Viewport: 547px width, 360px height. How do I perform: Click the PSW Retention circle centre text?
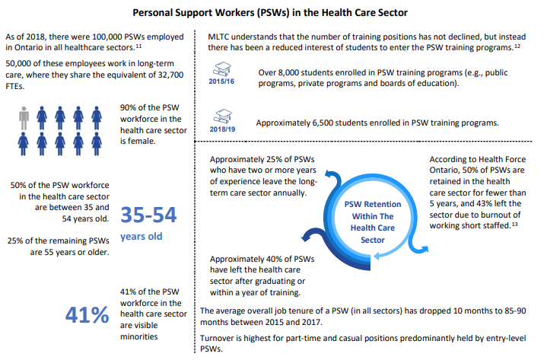pyautogui.click(x=363, y=223)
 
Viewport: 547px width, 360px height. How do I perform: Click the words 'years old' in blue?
pyautogui.click(x=140, y=237)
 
